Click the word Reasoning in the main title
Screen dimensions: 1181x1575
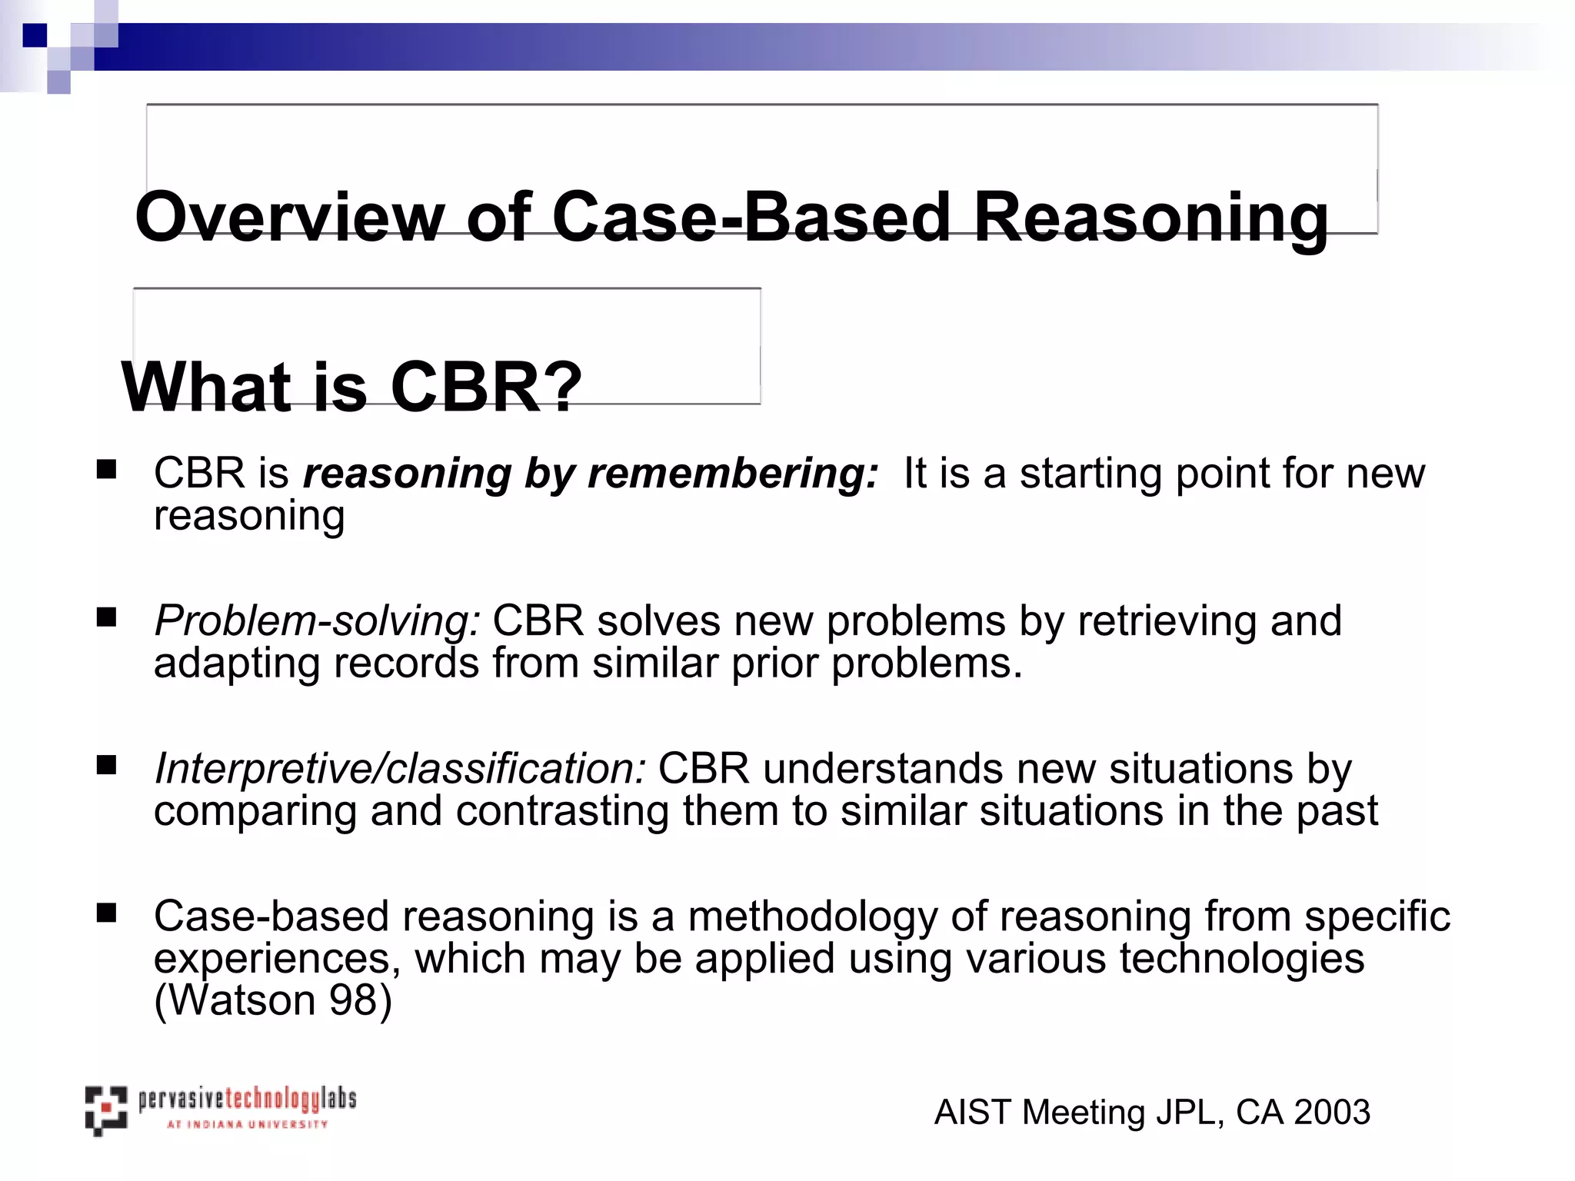[1150, 218]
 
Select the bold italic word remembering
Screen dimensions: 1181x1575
[732, 473]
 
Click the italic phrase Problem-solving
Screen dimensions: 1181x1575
[317, 621]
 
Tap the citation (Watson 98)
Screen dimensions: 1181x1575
[273, 1000]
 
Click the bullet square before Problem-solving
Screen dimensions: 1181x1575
[106, 617]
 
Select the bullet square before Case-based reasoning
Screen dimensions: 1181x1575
[106, 913]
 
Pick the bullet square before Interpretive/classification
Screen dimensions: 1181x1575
[106, 765]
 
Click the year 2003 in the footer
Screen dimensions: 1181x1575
[1332, 1113]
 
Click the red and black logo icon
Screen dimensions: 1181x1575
[105, 1110]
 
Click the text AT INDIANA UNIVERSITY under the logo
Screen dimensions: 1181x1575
[247, 1124]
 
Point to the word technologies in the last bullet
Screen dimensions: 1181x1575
[1241, 959]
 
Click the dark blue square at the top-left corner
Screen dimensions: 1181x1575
[35, 35]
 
